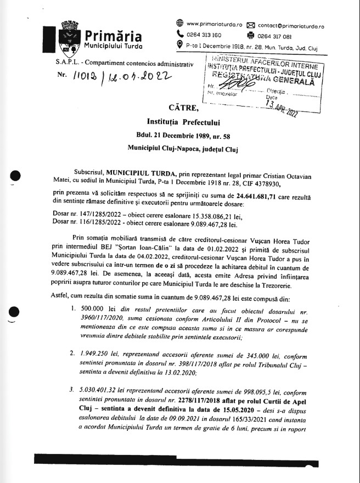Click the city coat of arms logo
click(71, 35)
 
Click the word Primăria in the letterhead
click(113, 36)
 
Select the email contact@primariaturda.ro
click(291, 25)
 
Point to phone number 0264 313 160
click(204, 34)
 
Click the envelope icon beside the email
click(251, 25)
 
